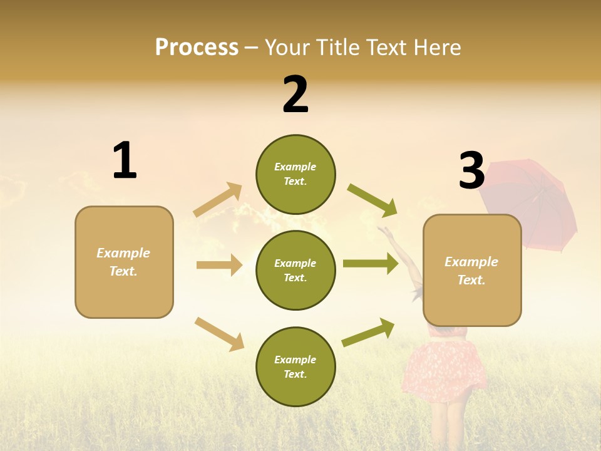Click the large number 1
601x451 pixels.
pos(125,160)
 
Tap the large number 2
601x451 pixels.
pos(295,95)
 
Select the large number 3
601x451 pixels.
pos(471,170)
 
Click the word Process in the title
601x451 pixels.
pos(197,47)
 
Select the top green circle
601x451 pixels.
pos(295,174)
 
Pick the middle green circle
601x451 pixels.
pos(295,270)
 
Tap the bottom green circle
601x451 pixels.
pos(295,366)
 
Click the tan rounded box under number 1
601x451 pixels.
pos(124,262)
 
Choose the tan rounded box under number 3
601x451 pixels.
pos(472,270)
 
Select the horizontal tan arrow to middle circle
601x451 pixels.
pos(220,265)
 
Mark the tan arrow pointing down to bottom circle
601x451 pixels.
pos(220,334)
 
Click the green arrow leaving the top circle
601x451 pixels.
pos(372,200)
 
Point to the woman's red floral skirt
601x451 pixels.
pos(444,370)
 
